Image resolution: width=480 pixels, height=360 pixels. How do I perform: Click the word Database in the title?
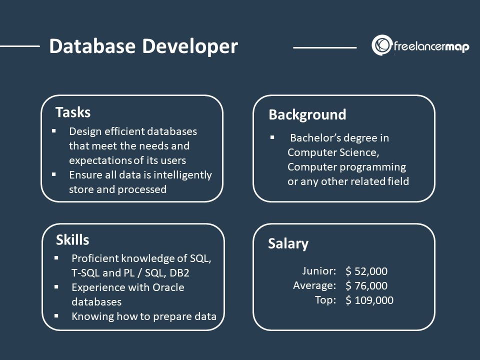(92, 46)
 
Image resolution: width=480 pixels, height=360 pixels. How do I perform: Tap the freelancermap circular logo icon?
(381, 45)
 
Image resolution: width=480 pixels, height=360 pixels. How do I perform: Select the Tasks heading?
(73, 112)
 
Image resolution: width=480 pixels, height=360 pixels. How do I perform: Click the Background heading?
(307, 115)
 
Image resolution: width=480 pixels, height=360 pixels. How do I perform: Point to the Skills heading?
(72, 240)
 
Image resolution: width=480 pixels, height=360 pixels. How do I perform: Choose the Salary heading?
(288, 243)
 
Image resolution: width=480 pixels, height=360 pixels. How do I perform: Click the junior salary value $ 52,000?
(366, 271)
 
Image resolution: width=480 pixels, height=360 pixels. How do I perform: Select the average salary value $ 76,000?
(366, 286)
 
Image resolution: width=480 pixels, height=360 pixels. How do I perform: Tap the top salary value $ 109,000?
(369, 300)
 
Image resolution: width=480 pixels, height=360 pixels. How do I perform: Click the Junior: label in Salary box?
(319, 271)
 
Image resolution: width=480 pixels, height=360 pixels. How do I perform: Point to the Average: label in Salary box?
(314, 285)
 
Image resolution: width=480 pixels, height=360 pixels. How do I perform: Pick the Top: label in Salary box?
(325, 300)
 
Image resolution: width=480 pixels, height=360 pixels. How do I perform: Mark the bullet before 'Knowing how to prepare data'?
(56, 316)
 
